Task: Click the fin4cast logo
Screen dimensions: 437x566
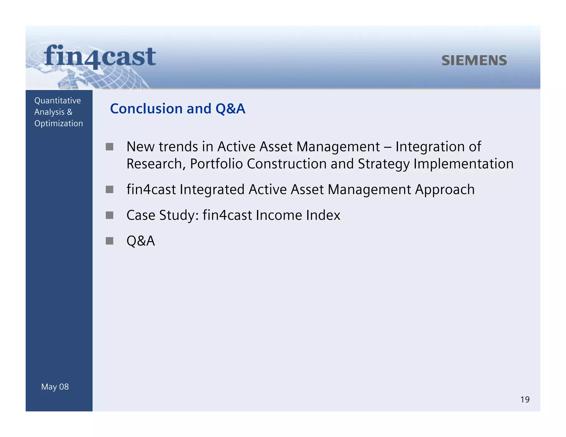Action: coord(100,57)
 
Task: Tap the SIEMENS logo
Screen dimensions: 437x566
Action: coord(474,60)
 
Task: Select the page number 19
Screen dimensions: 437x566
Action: coord(525,399)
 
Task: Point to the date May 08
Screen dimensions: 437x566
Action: coord(55,387)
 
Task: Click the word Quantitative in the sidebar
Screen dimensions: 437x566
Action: coord(57,101)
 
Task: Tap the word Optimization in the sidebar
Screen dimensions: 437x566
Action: coord(59,123)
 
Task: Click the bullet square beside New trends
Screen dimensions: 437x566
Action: coord(109,147)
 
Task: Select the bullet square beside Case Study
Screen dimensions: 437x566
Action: coord(109,215)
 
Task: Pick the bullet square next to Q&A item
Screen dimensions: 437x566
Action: coord(109,241)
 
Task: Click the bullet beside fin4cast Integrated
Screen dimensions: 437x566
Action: coord(109,189)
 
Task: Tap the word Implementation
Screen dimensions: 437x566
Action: coord(463,164)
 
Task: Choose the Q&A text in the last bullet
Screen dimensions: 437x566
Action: coord(140,241)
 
